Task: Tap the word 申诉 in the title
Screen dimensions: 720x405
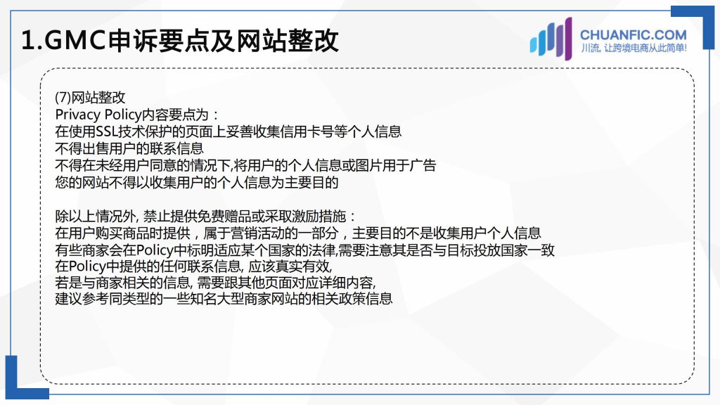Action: click(x=133, y=40)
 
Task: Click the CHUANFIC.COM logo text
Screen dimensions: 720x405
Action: click(x=634, y=35)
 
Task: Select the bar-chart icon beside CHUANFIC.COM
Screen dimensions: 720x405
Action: click(x=551, y=39)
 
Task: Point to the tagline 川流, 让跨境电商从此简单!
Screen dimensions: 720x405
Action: click(x=634, y=49)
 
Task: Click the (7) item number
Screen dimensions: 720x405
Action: click(x=63, y=97)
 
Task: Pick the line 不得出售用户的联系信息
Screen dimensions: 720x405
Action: click(x=129, y=148)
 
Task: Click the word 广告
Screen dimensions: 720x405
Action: click(x=423, y=165)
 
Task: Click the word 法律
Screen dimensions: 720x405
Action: click(x=322, y=250)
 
